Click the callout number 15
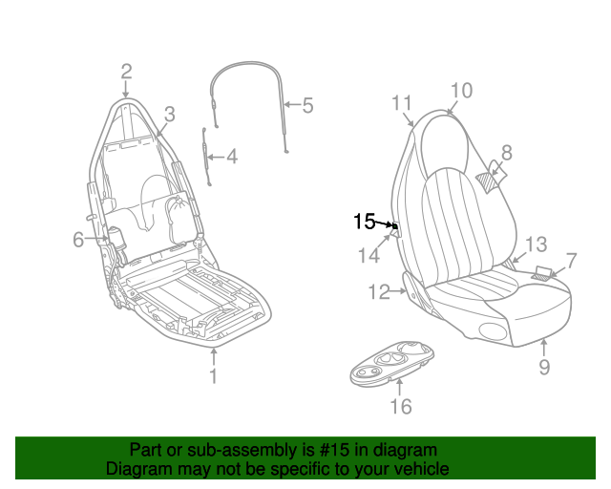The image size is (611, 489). pos(364,222)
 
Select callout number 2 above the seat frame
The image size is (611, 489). pos(126,73)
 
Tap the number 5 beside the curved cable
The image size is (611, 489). pos(307,106)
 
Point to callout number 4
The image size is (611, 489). pos(232,157)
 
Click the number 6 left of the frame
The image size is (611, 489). pos(78,239)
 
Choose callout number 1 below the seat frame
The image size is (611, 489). pos(213,376)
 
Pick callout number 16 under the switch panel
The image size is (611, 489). pos(401,406)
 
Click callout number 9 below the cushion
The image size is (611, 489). pos(544,367)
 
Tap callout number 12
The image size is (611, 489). pos(379,291)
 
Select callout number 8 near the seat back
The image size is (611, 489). pos(507,153)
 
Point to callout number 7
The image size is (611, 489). pos(571,261)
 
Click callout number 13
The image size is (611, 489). pos(537,244)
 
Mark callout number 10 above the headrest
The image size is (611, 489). pos(461,91)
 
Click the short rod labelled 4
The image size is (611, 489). pos(206,157)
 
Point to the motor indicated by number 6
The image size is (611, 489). pos(116,236)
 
